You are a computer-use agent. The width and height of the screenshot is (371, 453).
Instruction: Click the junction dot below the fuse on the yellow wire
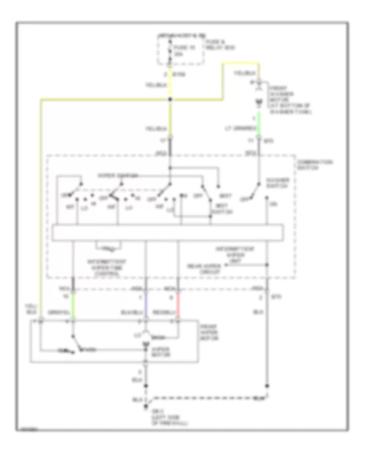coord(170,100)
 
